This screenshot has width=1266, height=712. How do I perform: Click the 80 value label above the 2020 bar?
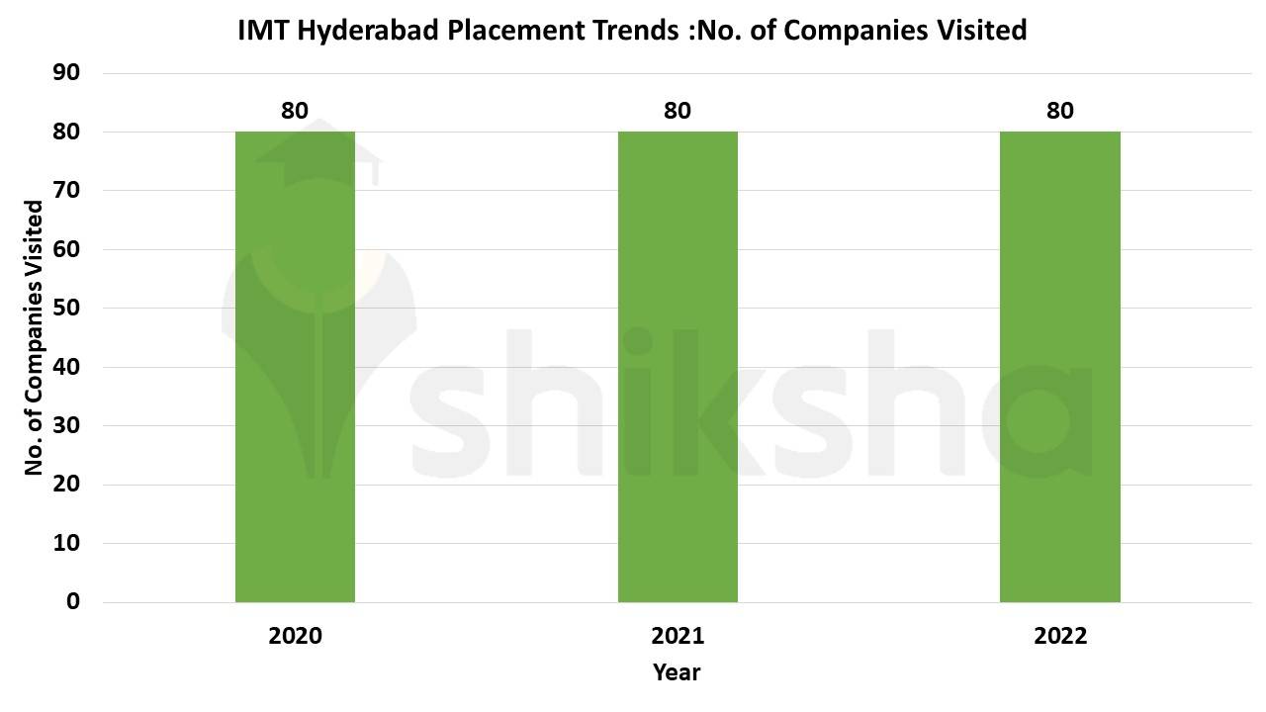(x=295, y=111)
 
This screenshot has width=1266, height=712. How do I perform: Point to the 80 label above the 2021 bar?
(x=678, y=111)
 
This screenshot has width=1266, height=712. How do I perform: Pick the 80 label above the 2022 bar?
(x=1060, y=111)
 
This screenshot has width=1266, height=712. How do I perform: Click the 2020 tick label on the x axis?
(x=295, y=636)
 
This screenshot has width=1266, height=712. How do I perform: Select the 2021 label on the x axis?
(x=678, y=636)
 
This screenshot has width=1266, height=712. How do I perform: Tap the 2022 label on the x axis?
(x=1060, y=636)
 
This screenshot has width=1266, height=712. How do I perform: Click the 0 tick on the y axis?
(x=73, y=601)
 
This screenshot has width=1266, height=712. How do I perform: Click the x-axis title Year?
(x=677, y=672)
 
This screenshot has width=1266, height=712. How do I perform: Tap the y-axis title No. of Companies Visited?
(x=35, y=337)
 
